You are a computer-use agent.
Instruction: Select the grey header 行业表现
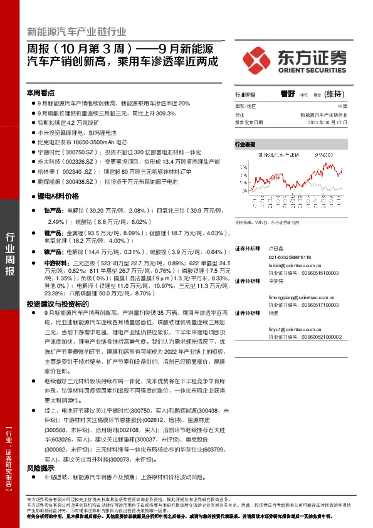tap(246, 144)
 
